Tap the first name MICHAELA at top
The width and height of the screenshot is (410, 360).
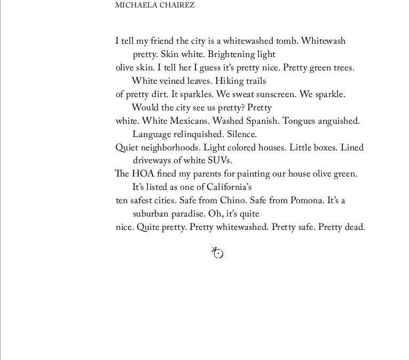tap(134, 5)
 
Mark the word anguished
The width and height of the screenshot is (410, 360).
tap(339, 121)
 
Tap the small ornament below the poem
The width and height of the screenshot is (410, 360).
tap(218, 253)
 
